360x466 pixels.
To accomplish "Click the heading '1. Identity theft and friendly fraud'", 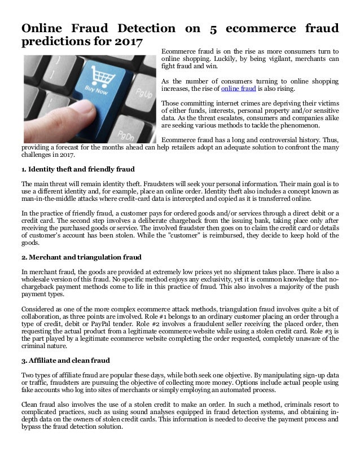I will pos(78,169).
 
